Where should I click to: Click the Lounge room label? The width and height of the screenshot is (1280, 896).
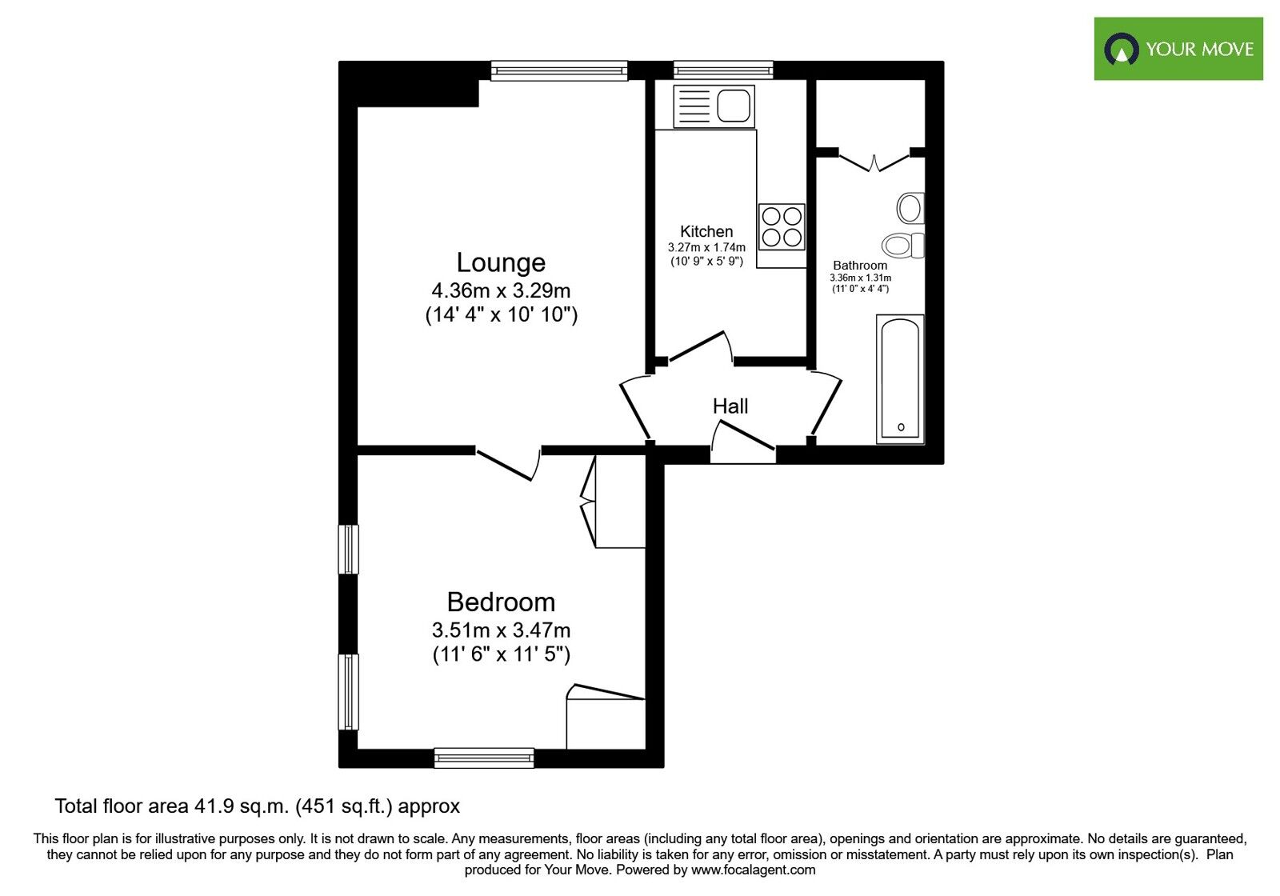point(501,262)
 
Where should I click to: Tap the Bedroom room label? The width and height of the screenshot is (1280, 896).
point(501,602)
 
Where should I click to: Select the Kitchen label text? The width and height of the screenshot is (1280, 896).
point(706,231)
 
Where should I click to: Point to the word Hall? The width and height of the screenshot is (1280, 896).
point(730,406)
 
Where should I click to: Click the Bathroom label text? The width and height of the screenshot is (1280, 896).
point(860,266)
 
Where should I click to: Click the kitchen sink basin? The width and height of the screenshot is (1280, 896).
point(734,106)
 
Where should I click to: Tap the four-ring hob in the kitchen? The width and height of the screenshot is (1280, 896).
point(782,226)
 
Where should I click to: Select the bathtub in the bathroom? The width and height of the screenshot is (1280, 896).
point(901,378)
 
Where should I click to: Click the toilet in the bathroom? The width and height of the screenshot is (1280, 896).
point(902,245)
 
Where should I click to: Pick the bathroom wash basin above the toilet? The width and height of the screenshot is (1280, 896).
point(910,208)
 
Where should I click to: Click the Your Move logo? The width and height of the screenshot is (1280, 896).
point(1178,49)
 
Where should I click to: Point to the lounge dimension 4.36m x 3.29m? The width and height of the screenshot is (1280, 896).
point(501,290)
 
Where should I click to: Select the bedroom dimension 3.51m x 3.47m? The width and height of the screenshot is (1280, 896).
point(501,630)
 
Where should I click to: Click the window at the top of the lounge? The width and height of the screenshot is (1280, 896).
point(559,71)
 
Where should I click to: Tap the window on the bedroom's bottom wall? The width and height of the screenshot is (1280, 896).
point(484,758)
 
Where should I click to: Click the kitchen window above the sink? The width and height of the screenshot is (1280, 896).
point(723,70)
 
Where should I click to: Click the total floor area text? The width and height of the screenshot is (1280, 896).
point(257,806)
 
